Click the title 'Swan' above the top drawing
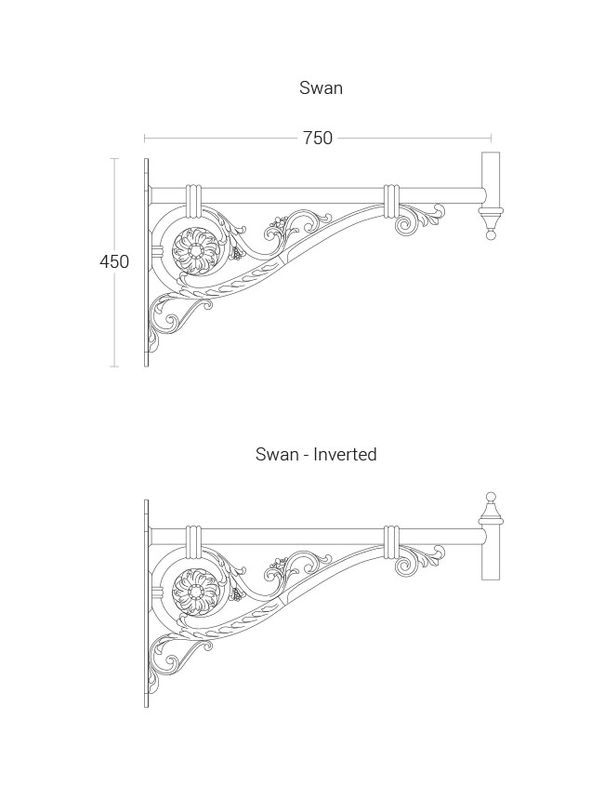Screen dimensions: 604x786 point(321,87)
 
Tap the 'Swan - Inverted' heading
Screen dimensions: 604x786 point(316,454)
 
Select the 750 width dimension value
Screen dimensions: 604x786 point(318,138)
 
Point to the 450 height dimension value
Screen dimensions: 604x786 point(114,261)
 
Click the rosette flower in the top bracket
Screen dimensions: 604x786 point(195,249)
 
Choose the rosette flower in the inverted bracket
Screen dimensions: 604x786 point(195,592)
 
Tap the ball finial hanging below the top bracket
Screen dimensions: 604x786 point(492,234)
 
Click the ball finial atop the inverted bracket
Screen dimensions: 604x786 point(492,498)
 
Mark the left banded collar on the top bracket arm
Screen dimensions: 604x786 point(193,202)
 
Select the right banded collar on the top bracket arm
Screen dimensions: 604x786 point(391,202)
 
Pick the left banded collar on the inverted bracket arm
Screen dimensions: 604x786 point(193,542)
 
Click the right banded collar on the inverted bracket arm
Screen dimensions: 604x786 point(391,542)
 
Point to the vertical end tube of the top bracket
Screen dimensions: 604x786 point(491,180)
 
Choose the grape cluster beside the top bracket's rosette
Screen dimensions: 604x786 point(236,253)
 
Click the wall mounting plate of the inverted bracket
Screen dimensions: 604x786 point(146,604)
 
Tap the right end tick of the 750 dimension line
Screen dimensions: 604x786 point(492,138)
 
